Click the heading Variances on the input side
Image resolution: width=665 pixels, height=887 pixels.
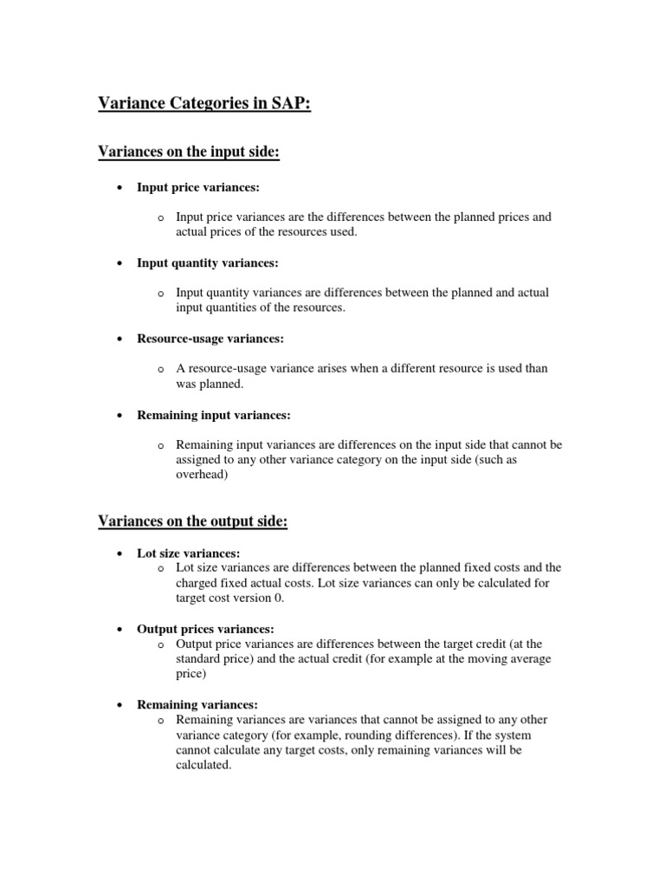[x=189, y=152]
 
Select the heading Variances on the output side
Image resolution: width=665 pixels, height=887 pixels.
[x=192, y=521]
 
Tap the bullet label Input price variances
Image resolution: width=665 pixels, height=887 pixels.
[x=198, y=187]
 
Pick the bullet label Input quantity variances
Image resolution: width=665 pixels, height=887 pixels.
[x=208, y=262]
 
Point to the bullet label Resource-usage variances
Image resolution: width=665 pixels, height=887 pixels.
[x=210, y=339]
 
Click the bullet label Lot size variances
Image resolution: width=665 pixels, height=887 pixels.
[x=188, y=553]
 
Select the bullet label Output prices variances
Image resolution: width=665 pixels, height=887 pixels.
[x=205, y=629]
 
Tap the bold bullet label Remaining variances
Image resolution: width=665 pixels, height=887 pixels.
[x=197, y=705]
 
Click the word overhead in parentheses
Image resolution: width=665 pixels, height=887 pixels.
[x=203, y=476]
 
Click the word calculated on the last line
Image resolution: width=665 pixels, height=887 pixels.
[x=203, y=766]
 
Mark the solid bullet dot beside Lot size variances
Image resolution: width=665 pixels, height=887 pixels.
[x=118, y=554]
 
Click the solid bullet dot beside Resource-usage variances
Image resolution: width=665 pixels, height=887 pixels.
[x=118, y=340]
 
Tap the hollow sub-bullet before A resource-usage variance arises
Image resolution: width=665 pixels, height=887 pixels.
[x=161, y=370]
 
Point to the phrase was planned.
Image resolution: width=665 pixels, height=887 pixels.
[x=210, y=385]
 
